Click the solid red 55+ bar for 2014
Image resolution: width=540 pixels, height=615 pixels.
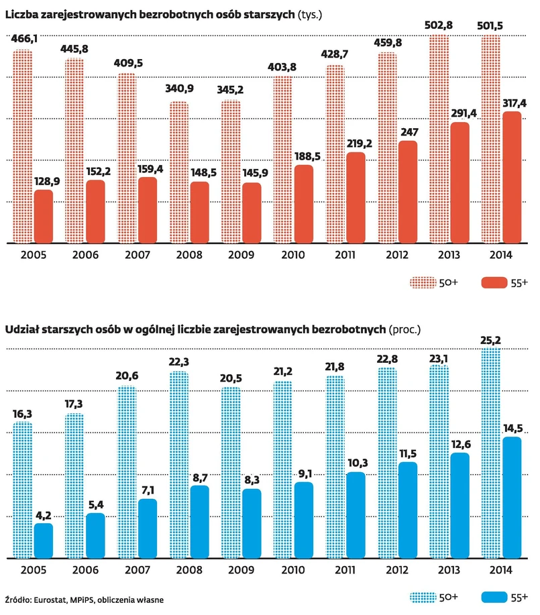[x=512, y=178]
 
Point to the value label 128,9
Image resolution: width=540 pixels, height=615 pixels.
[x=44, y=182]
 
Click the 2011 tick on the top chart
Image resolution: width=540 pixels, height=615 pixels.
[x=345, y=256]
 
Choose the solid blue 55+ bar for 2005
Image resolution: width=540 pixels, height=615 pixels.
[x=44, y=541]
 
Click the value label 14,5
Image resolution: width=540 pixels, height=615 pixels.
[x=512, y=428]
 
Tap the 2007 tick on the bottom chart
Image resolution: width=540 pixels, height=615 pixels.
[x=138, y=571]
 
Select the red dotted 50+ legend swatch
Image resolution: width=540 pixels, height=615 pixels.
[x=423, y=283]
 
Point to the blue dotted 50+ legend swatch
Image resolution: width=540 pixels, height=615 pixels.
[x=423, y=597]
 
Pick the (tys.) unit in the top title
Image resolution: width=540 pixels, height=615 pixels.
[x=311, y=13]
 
